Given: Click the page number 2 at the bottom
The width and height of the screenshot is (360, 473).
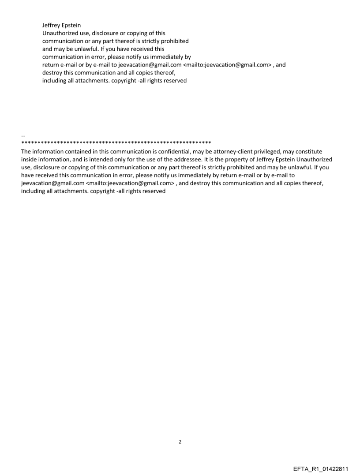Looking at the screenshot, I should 180,442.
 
